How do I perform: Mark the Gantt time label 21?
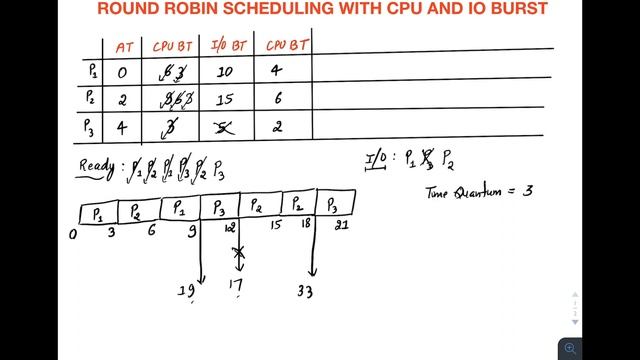tap(343, 227)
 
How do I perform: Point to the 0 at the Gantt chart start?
tap(73, 234)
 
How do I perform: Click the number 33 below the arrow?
tap(307, 293)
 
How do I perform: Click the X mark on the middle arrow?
tap(238, 255)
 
